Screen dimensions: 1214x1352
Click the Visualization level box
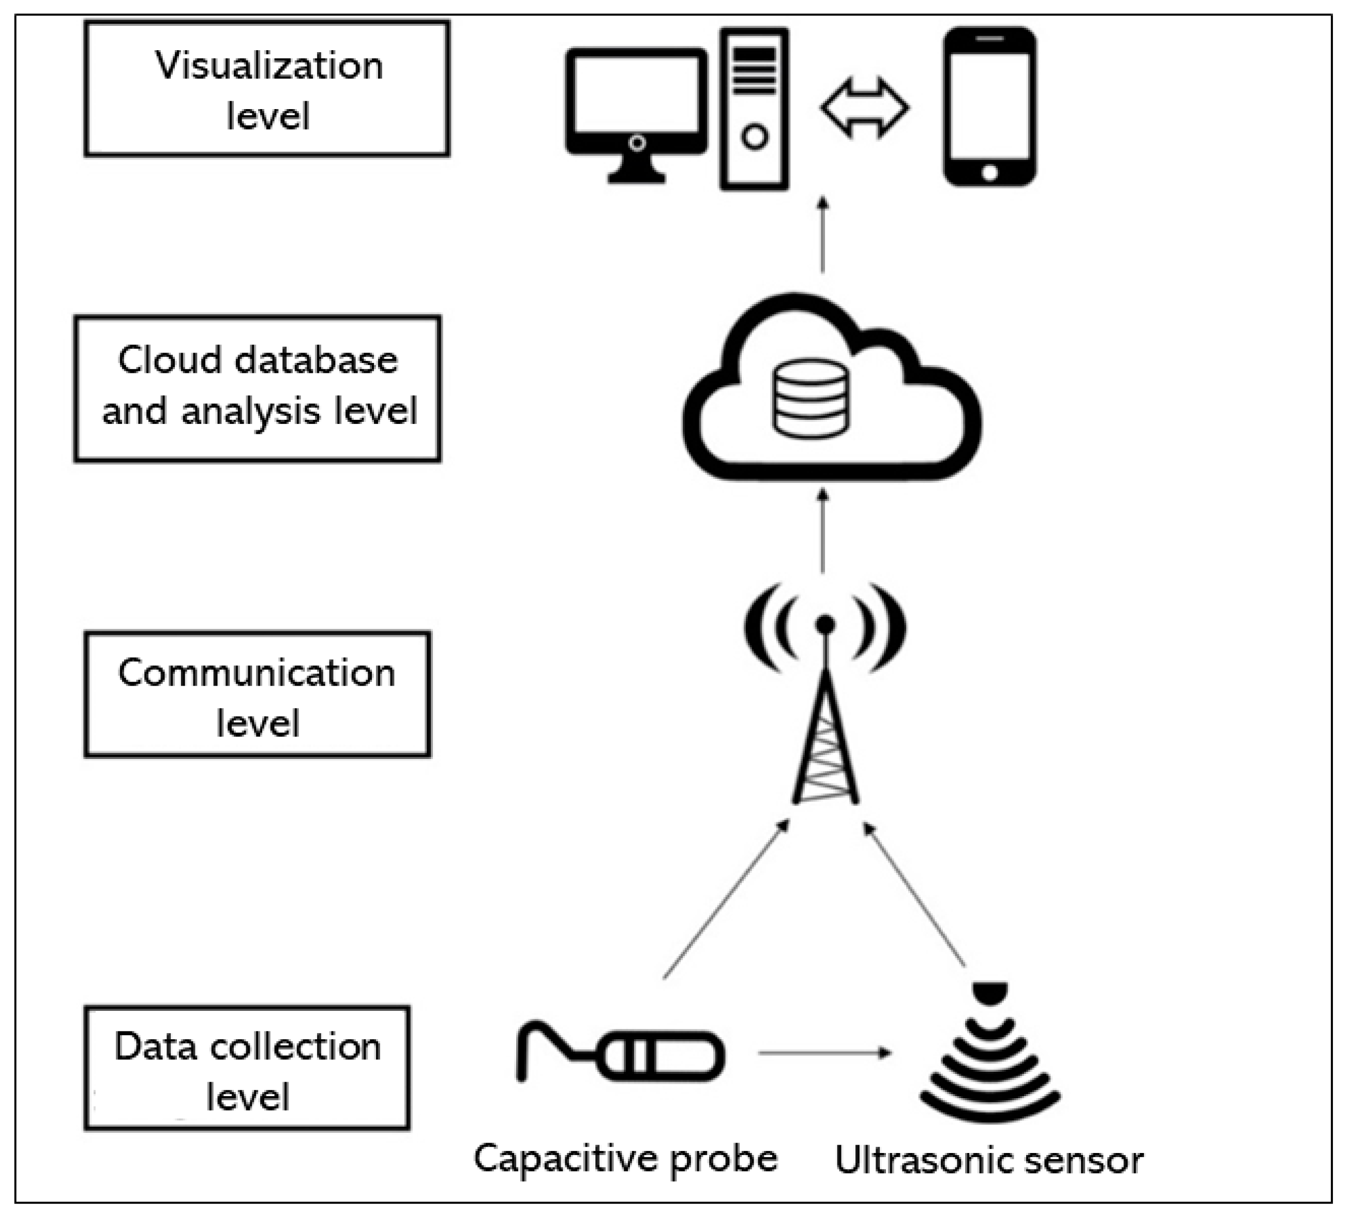tap(267, 89)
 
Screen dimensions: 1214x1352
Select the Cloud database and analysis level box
tap(258, 389)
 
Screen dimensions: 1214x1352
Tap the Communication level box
tap(258, 694)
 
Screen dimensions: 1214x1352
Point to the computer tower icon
tap(754, 109)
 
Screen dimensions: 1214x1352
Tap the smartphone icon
tap(989, 107)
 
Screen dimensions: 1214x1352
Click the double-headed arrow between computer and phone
tap(865, 108)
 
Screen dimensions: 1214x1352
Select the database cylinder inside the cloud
tap(811, 398)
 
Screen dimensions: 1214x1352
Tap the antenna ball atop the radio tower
tap(825, 625)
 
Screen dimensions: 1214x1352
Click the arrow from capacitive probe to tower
tap(726, 901)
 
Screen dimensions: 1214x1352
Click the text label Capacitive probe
tap(625, 1159)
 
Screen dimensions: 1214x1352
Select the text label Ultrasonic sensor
tap(989, 1161)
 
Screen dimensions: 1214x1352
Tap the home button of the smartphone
tap(989, 173)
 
